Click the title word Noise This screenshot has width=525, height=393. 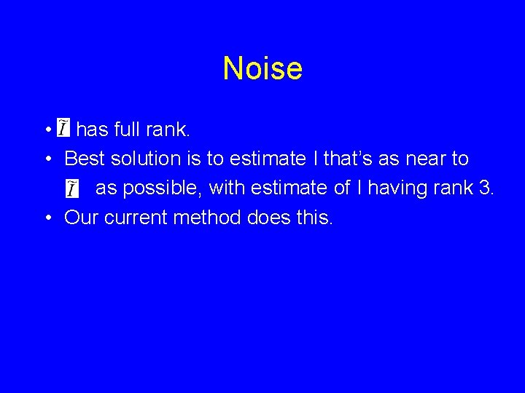262,68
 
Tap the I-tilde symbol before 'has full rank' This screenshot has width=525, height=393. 63,129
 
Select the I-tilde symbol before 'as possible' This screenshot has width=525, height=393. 71,188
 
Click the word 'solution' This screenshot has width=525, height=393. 145,159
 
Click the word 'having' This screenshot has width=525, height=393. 400,188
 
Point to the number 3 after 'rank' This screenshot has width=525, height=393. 486,188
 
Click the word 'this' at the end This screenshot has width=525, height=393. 314,217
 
